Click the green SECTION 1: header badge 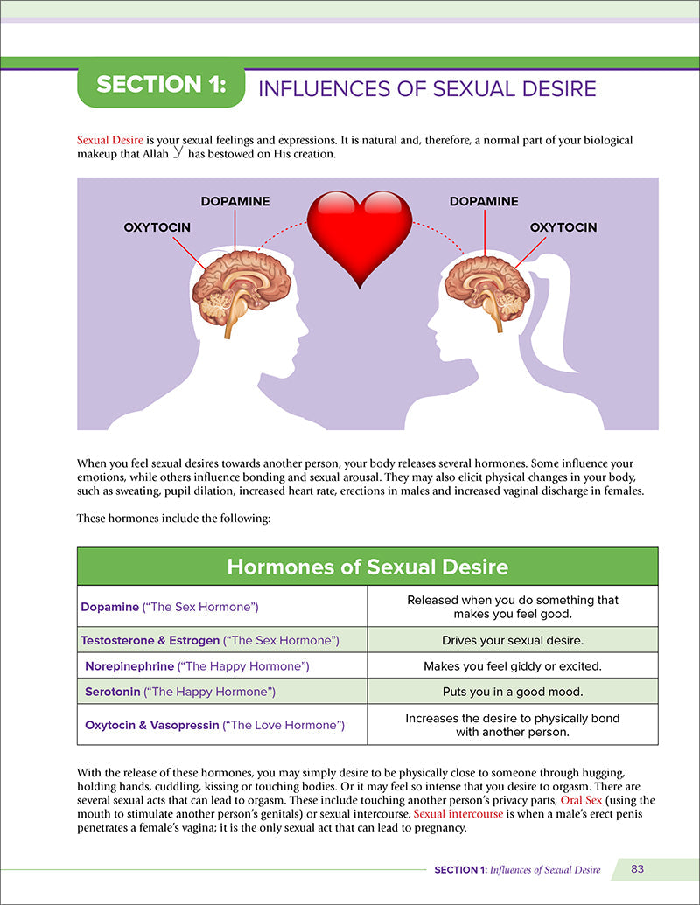160,85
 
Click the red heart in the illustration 359,233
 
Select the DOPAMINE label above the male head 235,201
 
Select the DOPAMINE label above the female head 484,201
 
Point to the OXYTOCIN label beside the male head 157,227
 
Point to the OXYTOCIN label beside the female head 563,227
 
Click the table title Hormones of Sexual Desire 367,567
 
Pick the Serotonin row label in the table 180,692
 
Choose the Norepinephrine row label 197,666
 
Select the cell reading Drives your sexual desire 513,640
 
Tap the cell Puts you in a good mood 513,692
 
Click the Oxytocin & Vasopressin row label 214,725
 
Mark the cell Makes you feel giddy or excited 513,666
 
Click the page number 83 637,869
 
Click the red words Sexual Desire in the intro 109,140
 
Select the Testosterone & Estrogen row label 209,640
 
